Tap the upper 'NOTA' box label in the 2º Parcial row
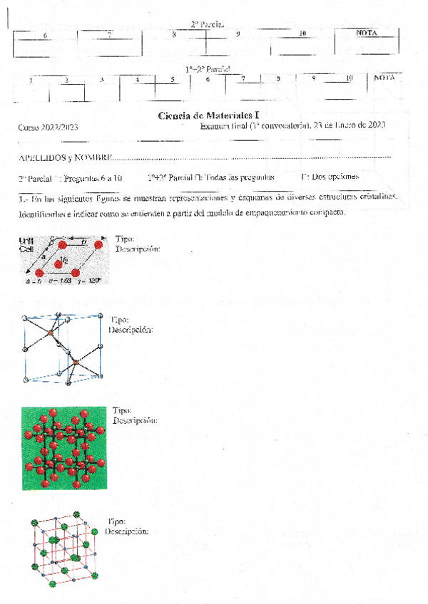point(367,33)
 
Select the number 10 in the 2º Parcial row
point(302,33)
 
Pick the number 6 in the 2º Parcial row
point(46,35)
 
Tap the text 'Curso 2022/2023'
point(48,126)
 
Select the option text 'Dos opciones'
point(334,176)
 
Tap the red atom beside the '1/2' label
point(58,264)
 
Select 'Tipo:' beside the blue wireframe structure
point(118,321)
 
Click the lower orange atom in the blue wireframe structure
point(76,363)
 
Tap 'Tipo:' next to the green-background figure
point(123,411)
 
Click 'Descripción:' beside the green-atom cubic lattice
point(126,532)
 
